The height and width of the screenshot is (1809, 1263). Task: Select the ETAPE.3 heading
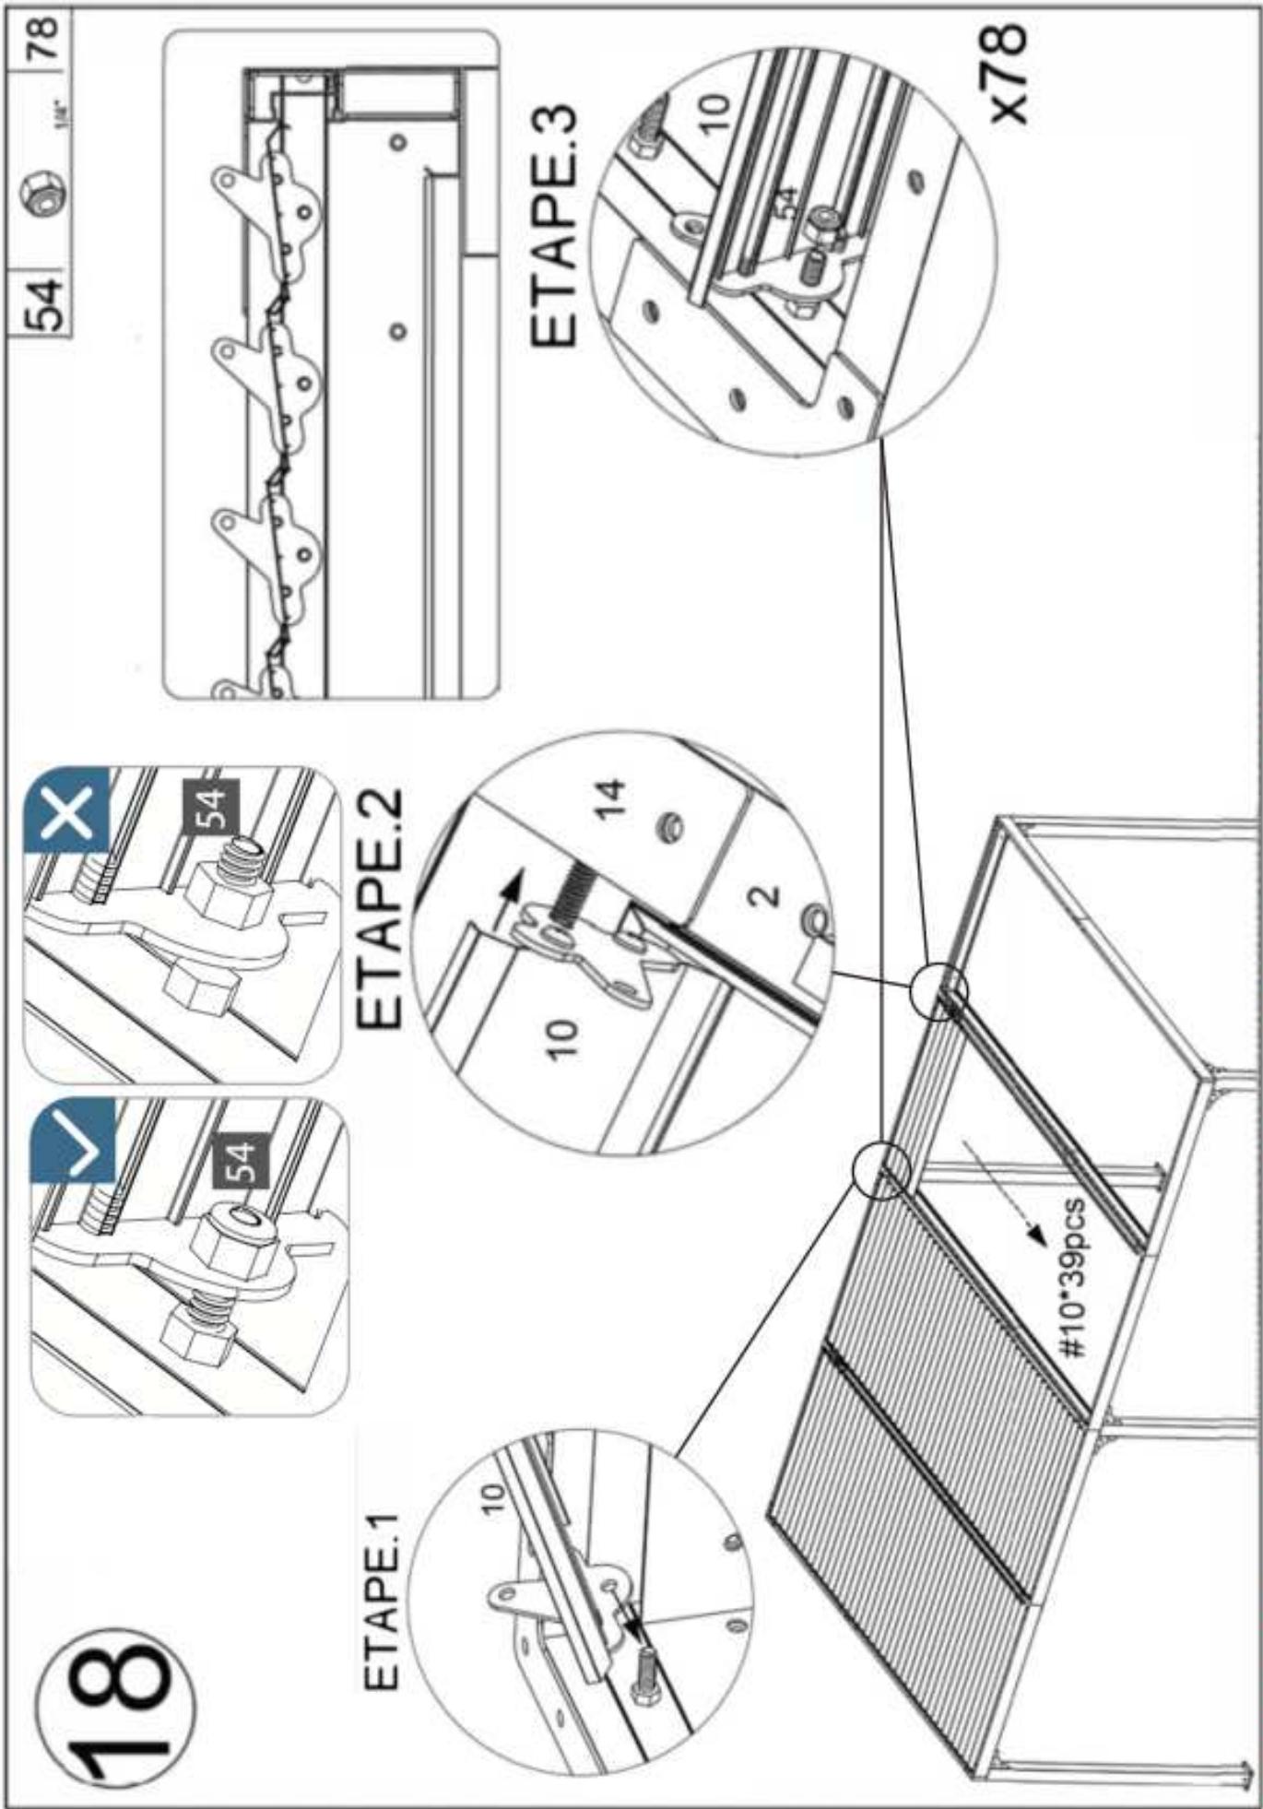553,226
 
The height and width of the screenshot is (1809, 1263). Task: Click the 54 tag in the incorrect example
211,808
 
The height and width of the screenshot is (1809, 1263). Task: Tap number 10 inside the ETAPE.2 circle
564,1038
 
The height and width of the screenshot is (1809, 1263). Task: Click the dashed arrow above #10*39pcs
1003,1188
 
